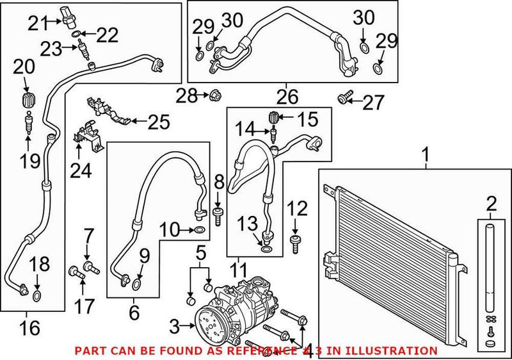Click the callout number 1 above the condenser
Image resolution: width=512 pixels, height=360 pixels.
point(426,154)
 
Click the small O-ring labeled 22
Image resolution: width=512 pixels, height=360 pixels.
point(77,33)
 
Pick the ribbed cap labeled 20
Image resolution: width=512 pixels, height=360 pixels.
point(27,101)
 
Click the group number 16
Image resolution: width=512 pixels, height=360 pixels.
point(30,328)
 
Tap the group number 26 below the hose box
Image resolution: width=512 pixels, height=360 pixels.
point(287,97)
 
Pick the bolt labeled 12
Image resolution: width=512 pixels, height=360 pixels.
point(296,243)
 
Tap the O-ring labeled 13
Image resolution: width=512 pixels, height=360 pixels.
point(266,246)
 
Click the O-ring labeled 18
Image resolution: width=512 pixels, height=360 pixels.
point(37,295)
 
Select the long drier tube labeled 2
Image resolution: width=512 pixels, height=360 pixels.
point(491,269)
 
